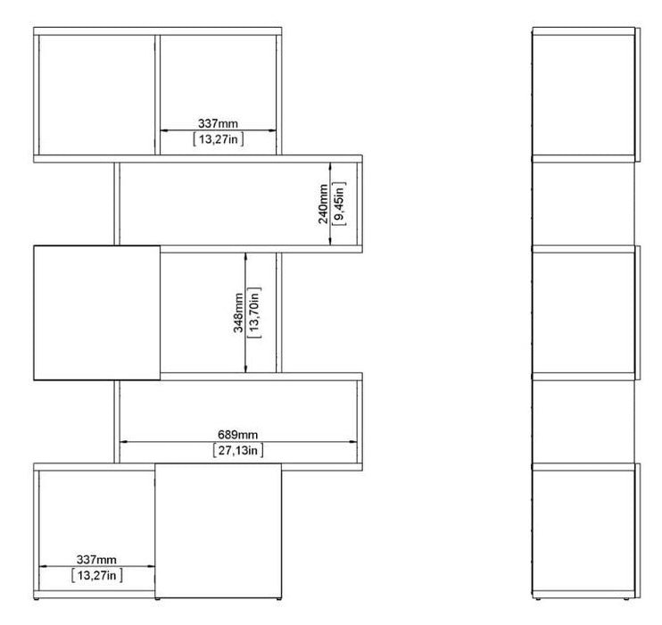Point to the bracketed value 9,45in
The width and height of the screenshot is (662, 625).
[x=339, y=204]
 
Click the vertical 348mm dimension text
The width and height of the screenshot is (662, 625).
[x=238, y=312]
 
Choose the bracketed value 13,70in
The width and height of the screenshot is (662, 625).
[x=254, y=312]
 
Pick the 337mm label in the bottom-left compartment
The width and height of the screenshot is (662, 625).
[x=97, y=560]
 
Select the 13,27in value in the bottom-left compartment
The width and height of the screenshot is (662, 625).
[x=97, y=577]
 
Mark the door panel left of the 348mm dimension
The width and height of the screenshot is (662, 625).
[x=96, y=312]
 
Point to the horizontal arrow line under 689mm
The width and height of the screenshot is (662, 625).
[x=238, y=441]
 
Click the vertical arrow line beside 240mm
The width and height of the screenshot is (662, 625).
[x=331, y=204]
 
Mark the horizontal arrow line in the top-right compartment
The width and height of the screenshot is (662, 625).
[x=219, y=130]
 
